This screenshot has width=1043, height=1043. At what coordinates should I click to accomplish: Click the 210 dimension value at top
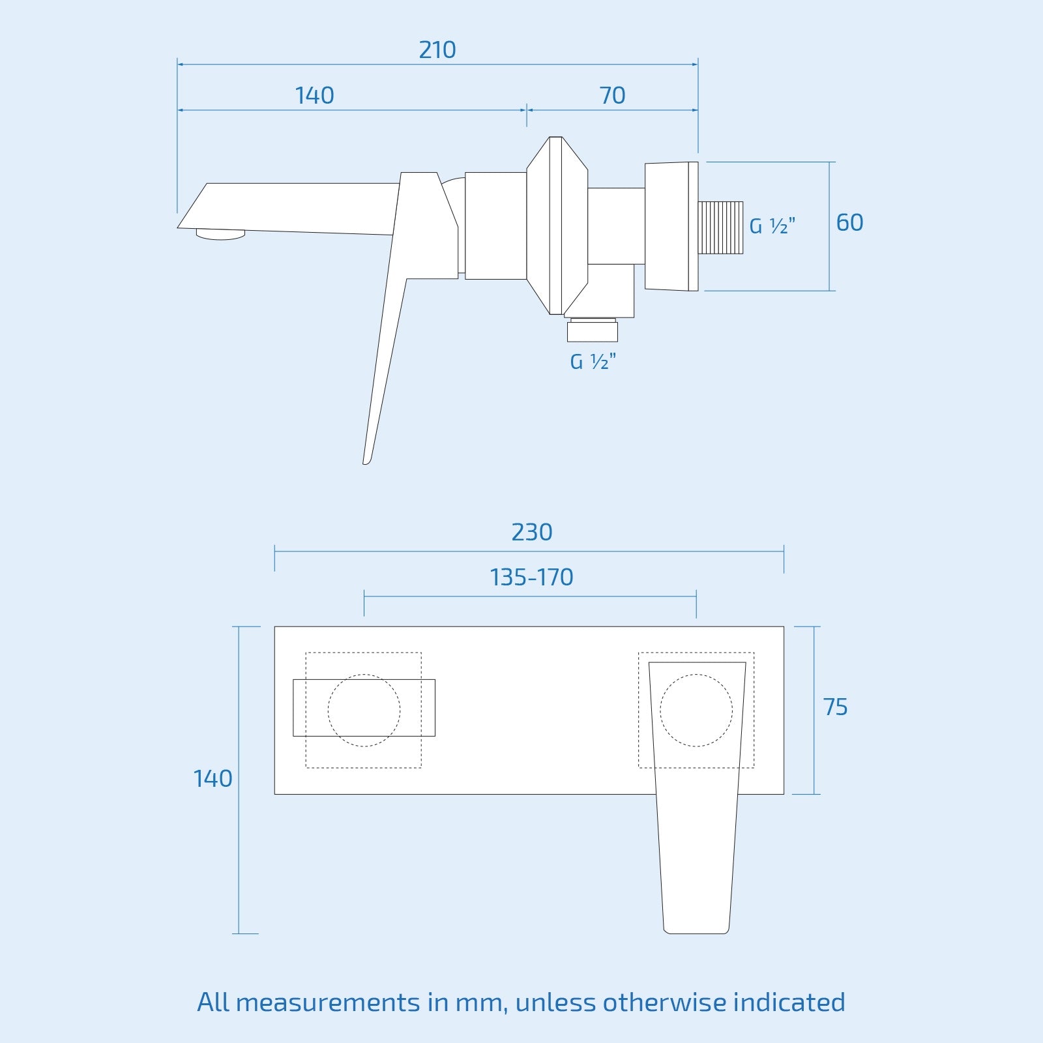(x=437, y=50)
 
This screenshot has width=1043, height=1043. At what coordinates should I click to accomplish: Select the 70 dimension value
(x=612, y=96)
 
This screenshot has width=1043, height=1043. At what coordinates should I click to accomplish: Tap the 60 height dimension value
(x=849, y=223)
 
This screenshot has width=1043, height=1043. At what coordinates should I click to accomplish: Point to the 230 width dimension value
(x=531, y=533)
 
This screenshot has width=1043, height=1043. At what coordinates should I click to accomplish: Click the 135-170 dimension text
(x=531, y=578)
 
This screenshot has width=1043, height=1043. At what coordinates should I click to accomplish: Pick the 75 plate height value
(x=835, y=707)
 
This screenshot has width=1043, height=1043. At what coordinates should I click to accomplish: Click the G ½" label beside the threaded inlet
(x=772, y=226)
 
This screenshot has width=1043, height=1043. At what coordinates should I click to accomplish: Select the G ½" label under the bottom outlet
(x=593, y=362)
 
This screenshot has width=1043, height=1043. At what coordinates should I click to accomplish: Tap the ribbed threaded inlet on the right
(x=720, y=227)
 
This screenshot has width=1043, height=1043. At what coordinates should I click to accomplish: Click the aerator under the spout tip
(x=220, y=234)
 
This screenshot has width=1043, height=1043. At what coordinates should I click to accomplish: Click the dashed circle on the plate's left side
(x=364, y=710)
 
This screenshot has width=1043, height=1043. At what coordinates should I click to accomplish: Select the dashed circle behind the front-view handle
(x=696, y=710)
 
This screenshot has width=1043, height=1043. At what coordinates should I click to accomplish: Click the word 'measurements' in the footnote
(x=328, y=1002)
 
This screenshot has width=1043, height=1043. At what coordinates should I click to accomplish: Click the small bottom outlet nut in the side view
(x=592, y=331)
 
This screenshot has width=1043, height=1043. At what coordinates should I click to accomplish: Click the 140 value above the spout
(x=314, y=96)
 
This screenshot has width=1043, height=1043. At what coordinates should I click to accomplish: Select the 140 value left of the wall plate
(x=213, y=779)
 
